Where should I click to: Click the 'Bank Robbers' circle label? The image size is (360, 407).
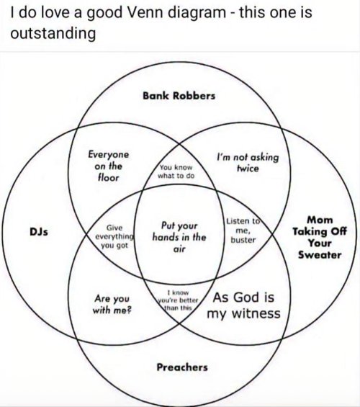tap(179, 96)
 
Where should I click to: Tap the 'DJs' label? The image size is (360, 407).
tap(39, 231)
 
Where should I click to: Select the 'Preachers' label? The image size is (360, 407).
tap(182, 367)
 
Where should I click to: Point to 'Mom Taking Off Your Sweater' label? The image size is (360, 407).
tap(320, 237)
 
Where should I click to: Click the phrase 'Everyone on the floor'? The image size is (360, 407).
tap(109, 166)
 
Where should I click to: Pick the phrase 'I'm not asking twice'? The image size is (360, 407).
tap(248, 163)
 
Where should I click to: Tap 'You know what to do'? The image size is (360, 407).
tap(176, 171)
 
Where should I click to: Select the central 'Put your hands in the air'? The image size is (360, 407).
tap(179, 237)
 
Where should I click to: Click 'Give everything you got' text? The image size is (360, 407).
tap(114, 236)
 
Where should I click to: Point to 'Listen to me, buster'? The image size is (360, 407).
tap(243, 231)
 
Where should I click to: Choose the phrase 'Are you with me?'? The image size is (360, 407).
tap(112, 304)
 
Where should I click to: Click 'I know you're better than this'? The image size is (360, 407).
tap(178, 300)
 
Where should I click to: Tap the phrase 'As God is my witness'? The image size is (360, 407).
tap(243, 305)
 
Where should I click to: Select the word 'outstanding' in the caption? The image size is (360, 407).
tap(53, 34)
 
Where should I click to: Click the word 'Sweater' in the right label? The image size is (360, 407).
tap(320, 255)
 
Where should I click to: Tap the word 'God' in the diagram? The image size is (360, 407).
tap(246, 298)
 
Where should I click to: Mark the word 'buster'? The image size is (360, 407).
tap(243, 240)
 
